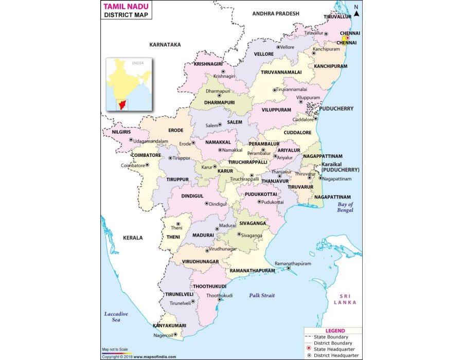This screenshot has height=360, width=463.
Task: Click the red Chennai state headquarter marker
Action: (347, 38)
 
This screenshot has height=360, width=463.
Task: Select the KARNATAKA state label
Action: (165, 45)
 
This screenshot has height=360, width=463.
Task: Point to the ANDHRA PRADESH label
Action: (275, 13)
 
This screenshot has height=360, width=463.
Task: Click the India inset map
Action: (129, 84)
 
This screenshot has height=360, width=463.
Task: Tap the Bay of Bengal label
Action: (345, 207)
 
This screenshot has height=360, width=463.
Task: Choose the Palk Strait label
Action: (262, 295)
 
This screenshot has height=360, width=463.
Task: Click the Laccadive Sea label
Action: (116, 317)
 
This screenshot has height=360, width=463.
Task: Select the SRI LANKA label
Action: (344, 299)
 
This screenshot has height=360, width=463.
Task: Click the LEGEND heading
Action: (335, 331)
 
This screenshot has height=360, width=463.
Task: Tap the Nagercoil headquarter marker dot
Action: (175, 335)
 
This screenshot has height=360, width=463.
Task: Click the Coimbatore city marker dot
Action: (147, 165)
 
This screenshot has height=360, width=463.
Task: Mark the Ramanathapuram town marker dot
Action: (289, 267)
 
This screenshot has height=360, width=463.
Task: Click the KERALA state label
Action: (133, 238)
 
